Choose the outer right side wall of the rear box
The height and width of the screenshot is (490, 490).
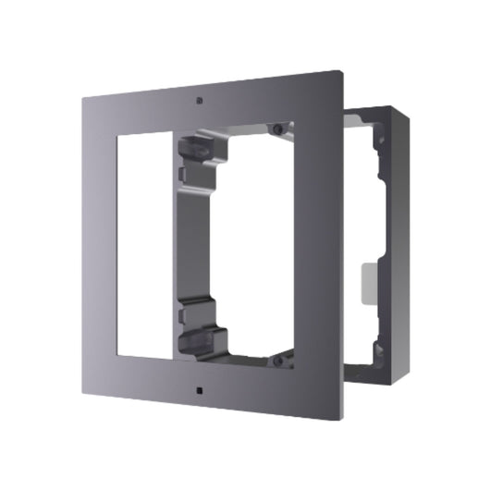pyautogui.click(x=397, y=240)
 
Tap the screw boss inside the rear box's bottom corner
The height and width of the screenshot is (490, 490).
pyautogui.click(x=376, y=349)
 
